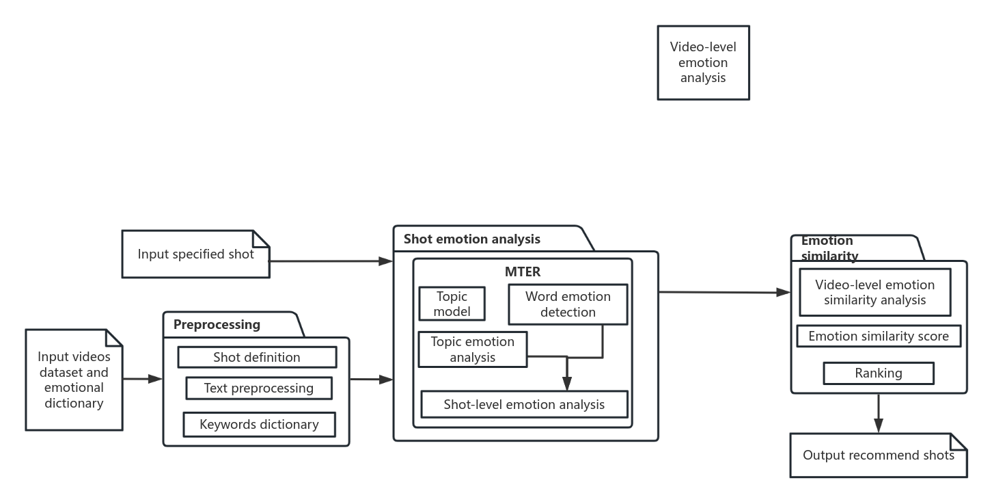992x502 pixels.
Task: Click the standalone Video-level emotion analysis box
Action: (x=703, y=62)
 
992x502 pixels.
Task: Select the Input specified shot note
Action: (x=196, y=254)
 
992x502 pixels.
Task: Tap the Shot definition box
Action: (x=257, y=357)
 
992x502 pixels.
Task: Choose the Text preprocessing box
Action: (x=259, y=388)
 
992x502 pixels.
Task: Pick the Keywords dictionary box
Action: (x=259, y=425)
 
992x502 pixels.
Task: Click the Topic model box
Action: (x=452, y=304)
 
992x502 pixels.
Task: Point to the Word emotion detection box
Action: (x=568, y=304)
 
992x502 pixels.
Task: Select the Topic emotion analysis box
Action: (x=473, y=349)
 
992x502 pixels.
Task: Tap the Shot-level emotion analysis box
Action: (x=524, y=404)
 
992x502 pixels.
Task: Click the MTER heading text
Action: (x=523, y=272)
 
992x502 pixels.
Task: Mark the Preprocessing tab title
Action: (x=217, y=325)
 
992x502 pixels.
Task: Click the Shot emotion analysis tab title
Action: (x=471, y=239)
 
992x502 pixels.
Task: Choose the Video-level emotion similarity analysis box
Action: (x=875, y=292)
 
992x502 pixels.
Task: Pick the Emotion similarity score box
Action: (x=879, y=336)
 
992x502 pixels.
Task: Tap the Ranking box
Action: (x=879, y=373)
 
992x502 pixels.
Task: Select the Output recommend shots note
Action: (x=879, y=455)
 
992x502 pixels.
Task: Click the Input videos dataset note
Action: (x=74, y=380)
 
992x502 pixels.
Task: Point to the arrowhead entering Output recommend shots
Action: (x=879, y=425)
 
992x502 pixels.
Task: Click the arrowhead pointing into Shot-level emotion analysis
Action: (x=567, y=384)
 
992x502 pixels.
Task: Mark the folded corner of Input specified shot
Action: (x=261, y=239)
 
